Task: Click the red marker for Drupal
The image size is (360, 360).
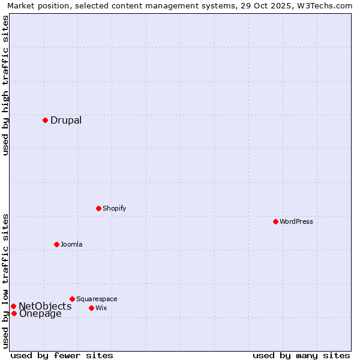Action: [x=45, y=120]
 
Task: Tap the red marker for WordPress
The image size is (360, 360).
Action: [x=275, y=221]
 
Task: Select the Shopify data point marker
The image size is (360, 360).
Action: [x=98, y=208]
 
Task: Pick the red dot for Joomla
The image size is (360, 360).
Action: [x=56, y=244]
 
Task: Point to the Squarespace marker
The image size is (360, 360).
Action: [x=72, y=299]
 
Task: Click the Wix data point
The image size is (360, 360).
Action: [x=91, y=308]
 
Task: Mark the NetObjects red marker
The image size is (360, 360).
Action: [x=13, y=306]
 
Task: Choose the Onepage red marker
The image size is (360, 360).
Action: [x=14, y=313]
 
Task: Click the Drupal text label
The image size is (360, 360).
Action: [x=66, y=120]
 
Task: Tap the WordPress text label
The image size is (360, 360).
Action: [x=296, y=221]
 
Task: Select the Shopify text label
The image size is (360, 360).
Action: [x=114, y=208]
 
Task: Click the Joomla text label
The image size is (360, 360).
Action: [x=71, y=244]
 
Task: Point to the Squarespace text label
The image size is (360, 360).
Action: [x=97, y=299]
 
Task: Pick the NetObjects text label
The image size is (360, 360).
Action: [x=45, y=306]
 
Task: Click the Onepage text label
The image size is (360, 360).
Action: [x=40, y=314]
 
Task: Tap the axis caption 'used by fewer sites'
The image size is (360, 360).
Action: [x=62, y=355]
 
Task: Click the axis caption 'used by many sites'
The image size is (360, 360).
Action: [x=301, y=355]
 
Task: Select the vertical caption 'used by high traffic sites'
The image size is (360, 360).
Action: [x=6, y=85]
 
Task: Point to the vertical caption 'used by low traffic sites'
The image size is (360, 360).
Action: [x=6, y=281]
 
